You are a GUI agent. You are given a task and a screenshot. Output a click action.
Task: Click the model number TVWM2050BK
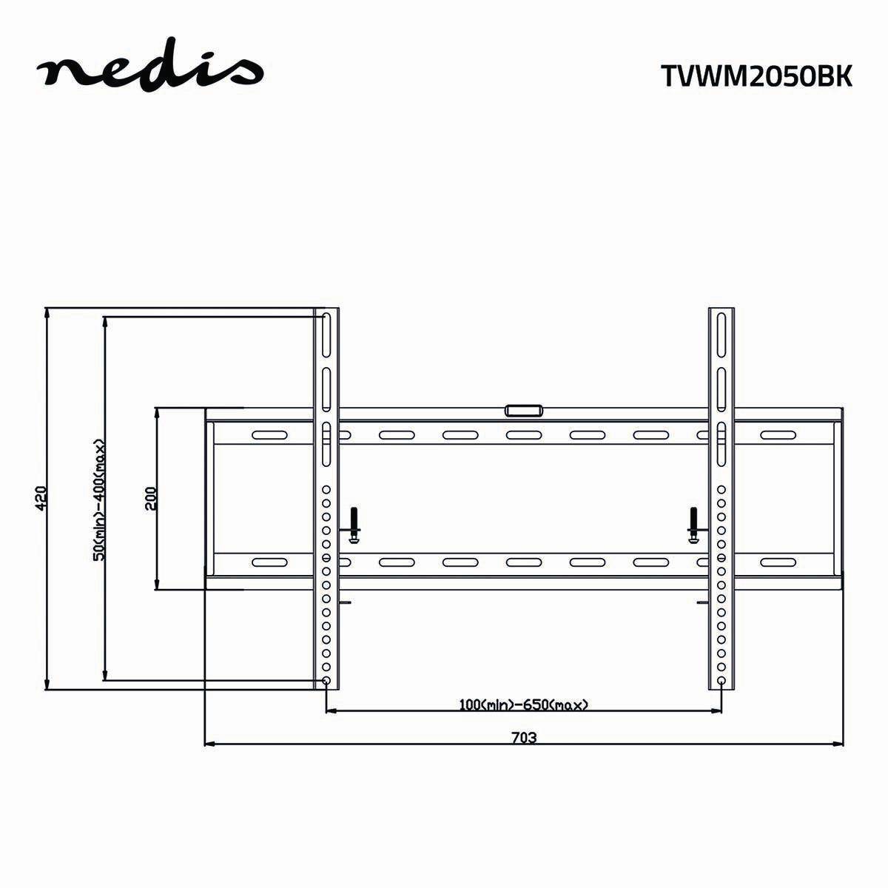pos(756,76)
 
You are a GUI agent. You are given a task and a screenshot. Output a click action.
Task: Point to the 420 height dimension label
pos(41,498)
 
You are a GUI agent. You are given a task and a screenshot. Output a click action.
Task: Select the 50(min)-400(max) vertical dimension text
pos(98,499)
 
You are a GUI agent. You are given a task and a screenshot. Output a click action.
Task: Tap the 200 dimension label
pos(150,498)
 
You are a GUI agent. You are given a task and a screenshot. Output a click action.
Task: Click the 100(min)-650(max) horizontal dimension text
pos(523,704)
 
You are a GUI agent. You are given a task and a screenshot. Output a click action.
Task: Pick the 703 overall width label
pos(523,737)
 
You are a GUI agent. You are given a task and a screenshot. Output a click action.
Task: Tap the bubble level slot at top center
pos(523,409)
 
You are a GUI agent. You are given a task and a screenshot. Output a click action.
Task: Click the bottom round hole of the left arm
pos(326,680)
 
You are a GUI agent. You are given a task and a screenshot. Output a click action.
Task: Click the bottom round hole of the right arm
pos(721,680)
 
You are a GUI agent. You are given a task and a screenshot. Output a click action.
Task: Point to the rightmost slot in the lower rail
pos(777,562)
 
